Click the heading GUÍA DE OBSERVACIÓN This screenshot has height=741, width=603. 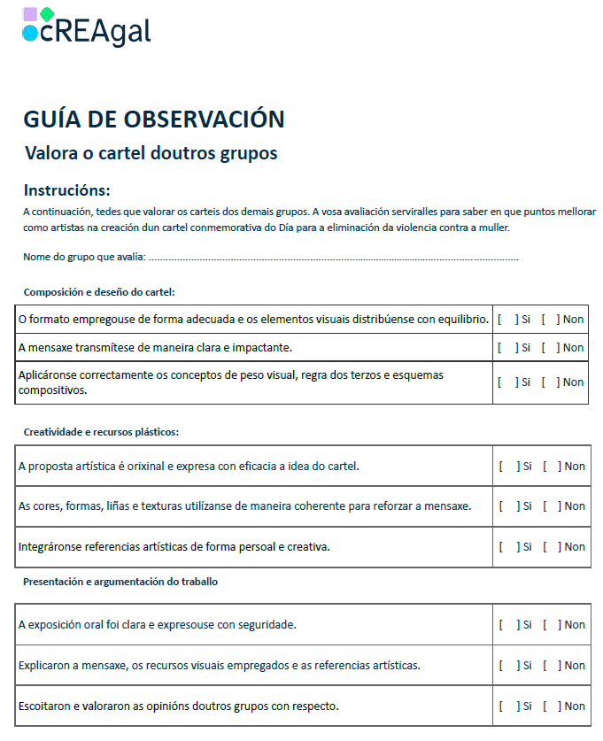point(154,120)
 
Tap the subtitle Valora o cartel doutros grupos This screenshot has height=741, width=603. point(151,153)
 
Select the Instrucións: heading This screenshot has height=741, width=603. point(67,190)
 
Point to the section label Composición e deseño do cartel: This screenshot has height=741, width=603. point(99,292)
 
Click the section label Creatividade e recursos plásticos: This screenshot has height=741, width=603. point(101,432)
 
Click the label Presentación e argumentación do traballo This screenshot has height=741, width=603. point(120,582)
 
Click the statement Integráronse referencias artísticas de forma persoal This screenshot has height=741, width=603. point(174,547)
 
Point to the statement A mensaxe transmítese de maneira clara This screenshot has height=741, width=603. point(155,348)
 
